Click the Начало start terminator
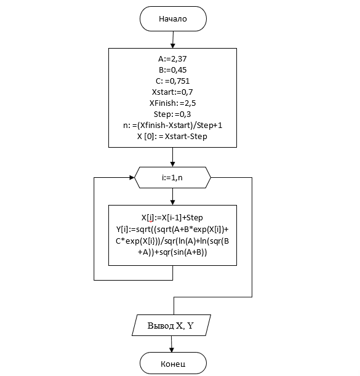173,18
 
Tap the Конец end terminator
173,363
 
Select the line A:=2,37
172,58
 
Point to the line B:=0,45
172,70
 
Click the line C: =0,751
172,81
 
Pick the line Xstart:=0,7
172,92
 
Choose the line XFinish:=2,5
172,103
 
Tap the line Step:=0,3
172,114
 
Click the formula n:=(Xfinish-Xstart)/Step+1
172,125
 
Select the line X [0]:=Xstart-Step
172,136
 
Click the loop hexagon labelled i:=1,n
172,177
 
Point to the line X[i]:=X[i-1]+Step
172,217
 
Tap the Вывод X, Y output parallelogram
171,325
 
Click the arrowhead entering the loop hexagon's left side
132,177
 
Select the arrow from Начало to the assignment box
173,39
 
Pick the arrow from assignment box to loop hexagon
172,157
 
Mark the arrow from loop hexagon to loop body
172,197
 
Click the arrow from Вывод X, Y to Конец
171,344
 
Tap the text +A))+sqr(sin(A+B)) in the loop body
172,252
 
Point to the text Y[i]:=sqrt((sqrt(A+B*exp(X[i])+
172,230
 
